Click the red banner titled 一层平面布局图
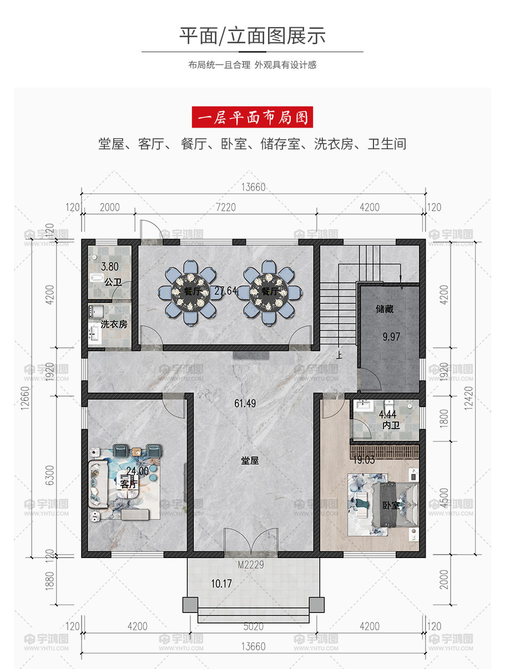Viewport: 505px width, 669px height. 252,117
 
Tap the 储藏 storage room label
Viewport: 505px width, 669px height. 385,309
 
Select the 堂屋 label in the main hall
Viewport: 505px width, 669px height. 250,460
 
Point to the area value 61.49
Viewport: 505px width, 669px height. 245,403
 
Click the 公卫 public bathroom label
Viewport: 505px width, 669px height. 113,282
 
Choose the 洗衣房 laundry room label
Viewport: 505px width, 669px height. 114,324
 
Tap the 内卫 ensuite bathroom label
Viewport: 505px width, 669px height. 391,425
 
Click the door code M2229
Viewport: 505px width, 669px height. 251,565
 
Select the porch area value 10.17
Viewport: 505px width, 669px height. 221,584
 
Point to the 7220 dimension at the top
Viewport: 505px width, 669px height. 226,207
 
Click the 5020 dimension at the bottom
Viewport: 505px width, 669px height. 253,626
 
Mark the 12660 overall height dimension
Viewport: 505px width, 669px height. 26,398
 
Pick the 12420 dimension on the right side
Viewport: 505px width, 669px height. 469,398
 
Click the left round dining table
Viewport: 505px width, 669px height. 190,292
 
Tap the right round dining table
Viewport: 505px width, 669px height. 269,292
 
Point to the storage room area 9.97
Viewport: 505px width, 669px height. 391,337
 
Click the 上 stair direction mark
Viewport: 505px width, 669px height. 339,356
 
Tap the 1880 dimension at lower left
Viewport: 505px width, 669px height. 50,581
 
